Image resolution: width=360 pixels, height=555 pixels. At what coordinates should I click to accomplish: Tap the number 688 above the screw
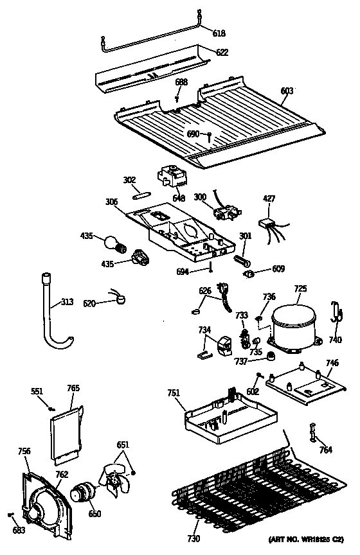tap(181, 82)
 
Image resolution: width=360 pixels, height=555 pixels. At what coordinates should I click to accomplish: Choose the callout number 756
tap(24, 452)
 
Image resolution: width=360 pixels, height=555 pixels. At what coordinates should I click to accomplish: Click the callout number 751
tap(174, 394)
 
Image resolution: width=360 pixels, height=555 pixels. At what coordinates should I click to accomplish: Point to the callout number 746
tap(331, 364)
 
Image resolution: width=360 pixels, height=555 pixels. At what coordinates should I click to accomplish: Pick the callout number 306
tap(111, 202)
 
